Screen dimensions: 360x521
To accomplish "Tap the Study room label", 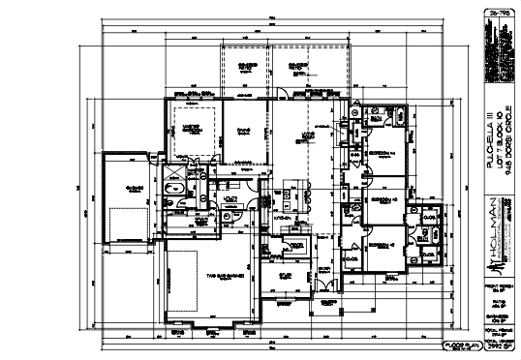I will point(285,275).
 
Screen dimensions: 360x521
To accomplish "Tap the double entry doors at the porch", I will point(326,286).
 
